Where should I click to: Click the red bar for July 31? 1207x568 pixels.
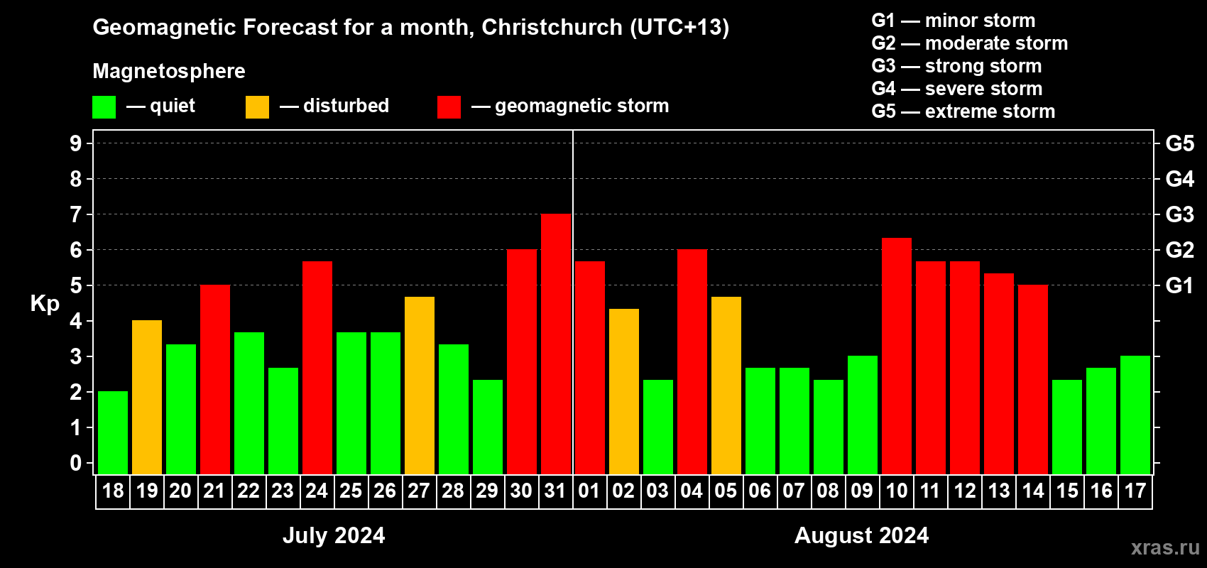(556, 344)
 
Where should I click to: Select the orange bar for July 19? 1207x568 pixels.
(147, 397)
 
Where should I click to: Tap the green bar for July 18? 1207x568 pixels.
(113, 432)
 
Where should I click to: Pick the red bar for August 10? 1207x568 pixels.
(897, 356)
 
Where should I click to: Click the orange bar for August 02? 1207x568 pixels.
(624, 391)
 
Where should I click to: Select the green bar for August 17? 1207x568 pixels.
(1135, 415)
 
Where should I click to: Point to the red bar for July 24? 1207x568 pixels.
(317, 367)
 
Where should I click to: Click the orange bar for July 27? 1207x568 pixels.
(420, 385)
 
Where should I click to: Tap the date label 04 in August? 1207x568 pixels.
(692, 491)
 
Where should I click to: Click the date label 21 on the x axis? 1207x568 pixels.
(214, 491)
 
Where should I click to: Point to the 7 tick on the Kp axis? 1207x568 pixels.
(76, 214)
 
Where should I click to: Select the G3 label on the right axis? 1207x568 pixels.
(1179, 214)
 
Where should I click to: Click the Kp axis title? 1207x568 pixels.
(45, 304)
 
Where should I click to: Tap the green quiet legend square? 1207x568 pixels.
(104, 107)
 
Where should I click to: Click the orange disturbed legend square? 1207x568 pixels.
(257, 107)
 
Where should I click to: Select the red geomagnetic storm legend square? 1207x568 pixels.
(449, 107)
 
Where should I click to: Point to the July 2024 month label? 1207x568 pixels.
(334, 535)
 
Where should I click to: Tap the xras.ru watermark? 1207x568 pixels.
(1164, 547)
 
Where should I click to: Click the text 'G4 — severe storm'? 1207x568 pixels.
(956, 89)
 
